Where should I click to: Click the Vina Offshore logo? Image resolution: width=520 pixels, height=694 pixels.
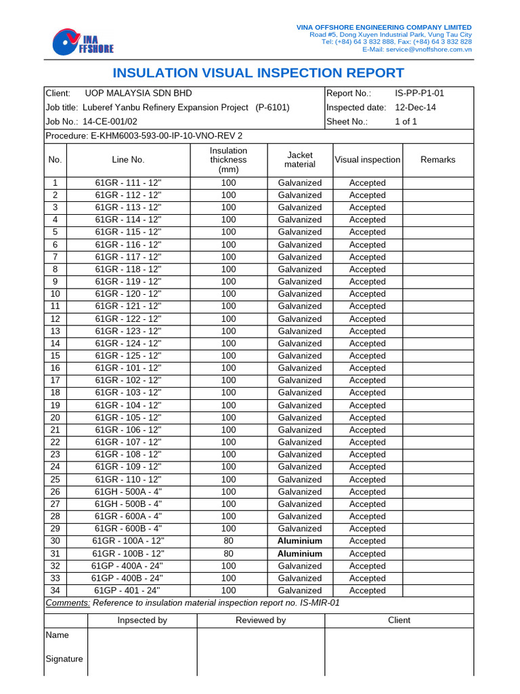coord(83,41)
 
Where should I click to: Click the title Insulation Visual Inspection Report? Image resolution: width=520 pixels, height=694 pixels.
coord(258,73)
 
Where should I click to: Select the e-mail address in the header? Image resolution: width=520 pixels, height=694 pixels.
coord(417,49)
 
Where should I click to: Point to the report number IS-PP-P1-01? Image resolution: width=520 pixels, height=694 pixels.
coord(419,93)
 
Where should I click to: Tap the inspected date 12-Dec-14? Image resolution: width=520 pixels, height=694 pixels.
coord(415,107)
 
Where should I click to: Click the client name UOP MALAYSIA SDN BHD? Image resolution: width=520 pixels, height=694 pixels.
coord(138,93)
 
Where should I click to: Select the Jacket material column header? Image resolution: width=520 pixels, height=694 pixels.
coord(300,159)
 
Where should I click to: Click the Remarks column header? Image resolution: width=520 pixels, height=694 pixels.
coord(437,159)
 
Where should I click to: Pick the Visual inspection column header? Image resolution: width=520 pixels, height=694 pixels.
coord(367,159)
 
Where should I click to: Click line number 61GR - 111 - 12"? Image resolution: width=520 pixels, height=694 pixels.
coord(128,183)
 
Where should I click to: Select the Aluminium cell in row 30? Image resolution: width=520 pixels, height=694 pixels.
coord(300,541)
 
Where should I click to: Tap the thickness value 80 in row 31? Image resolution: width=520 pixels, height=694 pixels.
coord(228,554)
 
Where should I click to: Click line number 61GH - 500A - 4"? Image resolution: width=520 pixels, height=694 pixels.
coord(128,491)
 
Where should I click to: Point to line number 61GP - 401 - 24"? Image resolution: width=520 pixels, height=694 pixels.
coord(128,590)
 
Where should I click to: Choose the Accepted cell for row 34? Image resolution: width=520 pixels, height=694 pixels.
coord(367,590)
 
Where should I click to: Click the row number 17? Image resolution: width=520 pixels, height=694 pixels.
coord(55,380)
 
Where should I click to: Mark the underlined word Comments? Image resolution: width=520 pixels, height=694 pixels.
coord(67,603)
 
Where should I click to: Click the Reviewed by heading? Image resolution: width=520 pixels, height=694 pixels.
coord(261,620)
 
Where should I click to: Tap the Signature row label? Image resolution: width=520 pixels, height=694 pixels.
coord(64,659)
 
